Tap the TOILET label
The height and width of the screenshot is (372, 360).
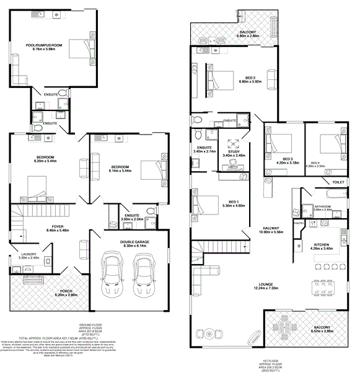338,183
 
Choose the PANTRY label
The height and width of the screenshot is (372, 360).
297,221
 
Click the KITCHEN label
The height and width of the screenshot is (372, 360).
322,245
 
